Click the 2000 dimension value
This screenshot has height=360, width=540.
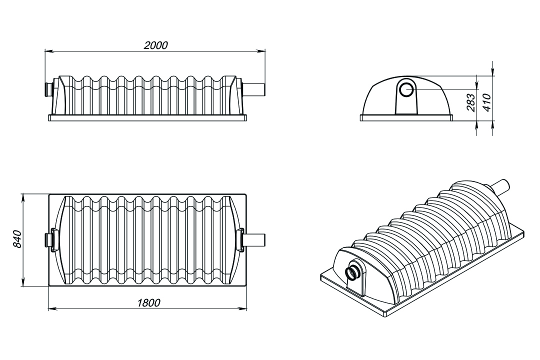[155, 45]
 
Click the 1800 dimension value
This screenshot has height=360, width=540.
[149, 303]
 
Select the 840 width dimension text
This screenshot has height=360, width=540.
[17, 238]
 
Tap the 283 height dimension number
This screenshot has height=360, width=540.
[471, 102]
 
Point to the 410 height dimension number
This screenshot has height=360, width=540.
[487, 102]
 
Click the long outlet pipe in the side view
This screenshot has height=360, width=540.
[254, 89]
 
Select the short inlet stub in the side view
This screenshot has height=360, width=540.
[48, 89]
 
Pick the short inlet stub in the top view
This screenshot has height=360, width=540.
[48, 239]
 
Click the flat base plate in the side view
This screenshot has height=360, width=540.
[147, 118]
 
